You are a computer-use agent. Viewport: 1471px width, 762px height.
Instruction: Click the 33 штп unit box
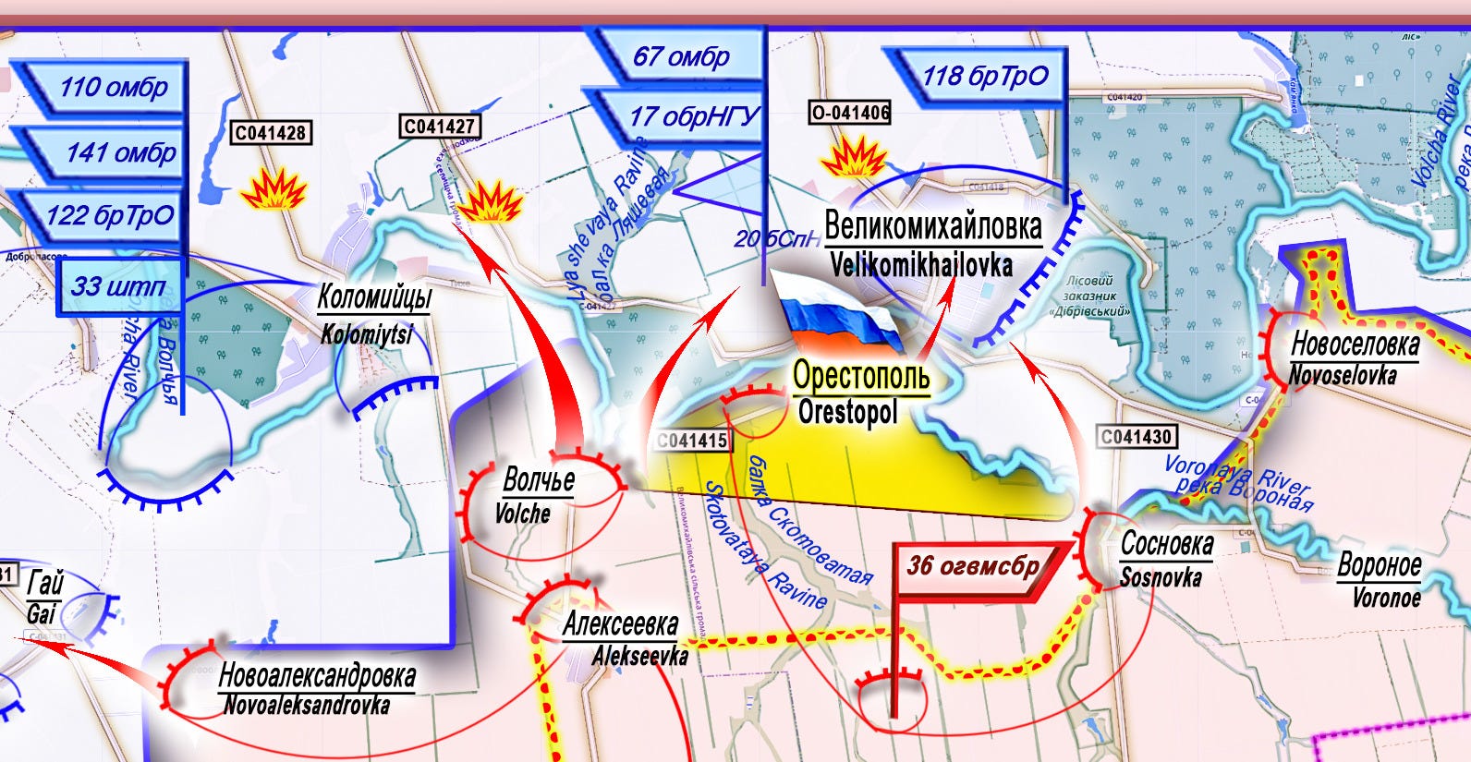click(x=117, y=286)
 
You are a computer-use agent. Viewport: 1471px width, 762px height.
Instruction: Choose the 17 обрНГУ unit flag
click(x=688, y=116)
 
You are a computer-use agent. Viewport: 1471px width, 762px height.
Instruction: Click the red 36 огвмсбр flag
click(x=973, y=565)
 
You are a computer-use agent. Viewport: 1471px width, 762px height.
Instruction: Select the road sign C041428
click(x=270, y=133)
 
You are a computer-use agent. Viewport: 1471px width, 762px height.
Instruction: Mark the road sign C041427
click(x=440, y=126)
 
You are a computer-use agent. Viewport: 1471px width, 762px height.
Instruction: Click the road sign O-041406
click(x=850, y=113)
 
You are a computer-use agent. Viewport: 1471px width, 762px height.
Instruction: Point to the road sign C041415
click(x=692, y=441)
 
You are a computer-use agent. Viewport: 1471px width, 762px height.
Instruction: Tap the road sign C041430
click(x=1136, y=436)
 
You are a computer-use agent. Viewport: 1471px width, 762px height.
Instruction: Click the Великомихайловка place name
click(x=932, y=226)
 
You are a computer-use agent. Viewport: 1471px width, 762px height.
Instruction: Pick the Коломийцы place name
click(x=374, y=297)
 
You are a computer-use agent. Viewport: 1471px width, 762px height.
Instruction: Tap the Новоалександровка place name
click(x=317, y=676)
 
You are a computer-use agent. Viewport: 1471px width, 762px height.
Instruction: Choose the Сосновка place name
click(x=1166, y=544)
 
